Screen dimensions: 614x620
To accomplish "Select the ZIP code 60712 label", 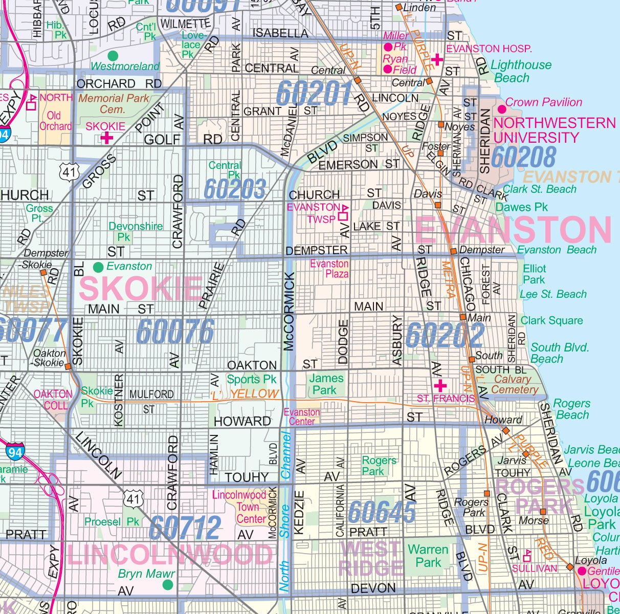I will point(185,528).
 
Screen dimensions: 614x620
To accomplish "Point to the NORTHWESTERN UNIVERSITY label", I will point(554,130).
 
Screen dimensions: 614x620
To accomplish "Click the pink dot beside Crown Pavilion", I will point(501,109).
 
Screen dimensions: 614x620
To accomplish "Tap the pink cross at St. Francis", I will point(439,385).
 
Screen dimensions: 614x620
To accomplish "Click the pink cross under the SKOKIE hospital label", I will point(107,138).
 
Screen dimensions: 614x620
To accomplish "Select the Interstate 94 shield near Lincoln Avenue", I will point(15,452).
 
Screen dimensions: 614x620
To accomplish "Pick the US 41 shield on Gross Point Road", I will point(69,171).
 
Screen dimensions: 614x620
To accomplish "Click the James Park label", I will point(326,384).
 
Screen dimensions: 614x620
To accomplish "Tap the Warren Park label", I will point(428,556).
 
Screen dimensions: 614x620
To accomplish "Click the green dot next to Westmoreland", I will point(113,55).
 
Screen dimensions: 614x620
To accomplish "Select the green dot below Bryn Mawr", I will point(168,584).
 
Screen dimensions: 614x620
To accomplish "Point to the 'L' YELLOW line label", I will point(244,394).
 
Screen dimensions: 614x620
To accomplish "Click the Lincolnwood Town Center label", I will point(239,507).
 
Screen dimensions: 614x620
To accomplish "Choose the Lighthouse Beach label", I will point(520,72).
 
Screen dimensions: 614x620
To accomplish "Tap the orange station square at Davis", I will point(438,205).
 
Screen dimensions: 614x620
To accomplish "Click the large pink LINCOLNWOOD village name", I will point(170,555).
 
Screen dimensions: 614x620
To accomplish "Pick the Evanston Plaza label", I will point(329,269).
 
